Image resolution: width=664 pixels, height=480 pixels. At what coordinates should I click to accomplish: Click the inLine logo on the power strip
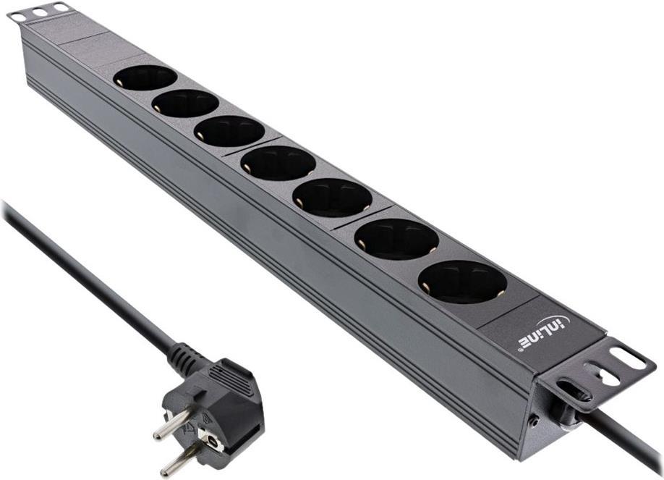tap(544, 334)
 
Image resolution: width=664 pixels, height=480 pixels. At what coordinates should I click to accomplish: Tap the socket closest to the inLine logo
tap(462, 282)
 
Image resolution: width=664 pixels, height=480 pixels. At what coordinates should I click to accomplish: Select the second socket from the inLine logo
tap(396, 239)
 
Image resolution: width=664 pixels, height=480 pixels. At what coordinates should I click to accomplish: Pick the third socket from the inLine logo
tap(332, 197)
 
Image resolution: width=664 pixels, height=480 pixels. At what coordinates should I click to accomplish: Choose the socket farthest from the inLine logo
tap(145, 77)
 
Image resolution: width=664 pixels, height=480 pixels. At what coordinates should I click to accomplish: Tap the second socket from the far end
tap(185, 104)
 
